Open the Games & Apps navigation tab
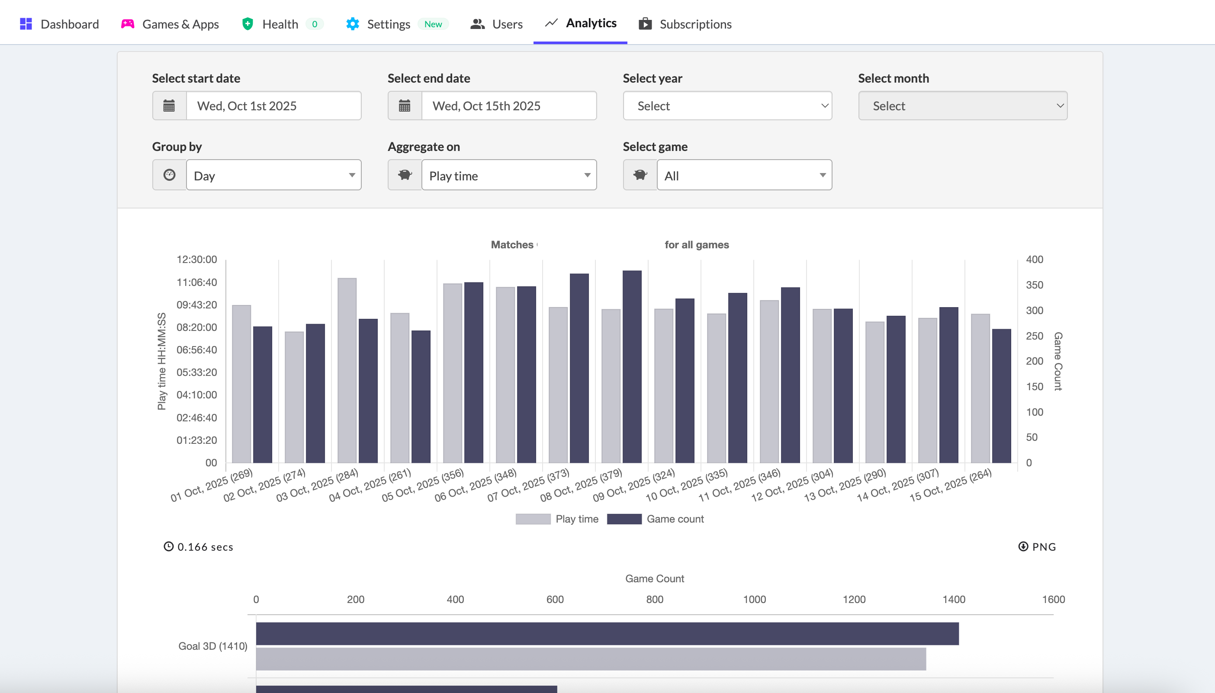pos(170,24)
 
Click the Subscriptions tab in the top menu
pos(685,24)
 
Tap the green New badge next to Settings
pos(433,24)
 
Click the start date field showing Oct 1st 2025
pos(273,106)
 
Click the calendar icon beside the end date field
pos(404,106)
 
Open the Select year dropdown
pos(727,106)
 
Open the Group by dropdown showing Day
pos(273,175)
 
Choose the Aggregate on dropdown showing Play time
pos(508,175)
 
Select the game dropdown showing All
pos(744,175)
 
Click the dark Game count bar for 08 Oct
pos(632,366)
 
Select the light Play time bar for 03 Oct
pos(347,370)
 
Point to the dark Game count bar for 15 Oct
pos(1001,395)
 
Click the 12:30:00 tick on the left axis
pos(196,260)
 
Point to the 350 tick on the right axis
pos(1034,285)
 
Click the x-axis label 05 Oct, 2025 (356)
pos(423,485)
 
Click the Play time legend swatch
pos(533,519)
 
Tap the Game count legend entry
pos(675,519)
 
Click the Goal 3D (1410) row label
pos(212,646)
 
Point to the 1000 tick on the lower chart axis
pos(754,599)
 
